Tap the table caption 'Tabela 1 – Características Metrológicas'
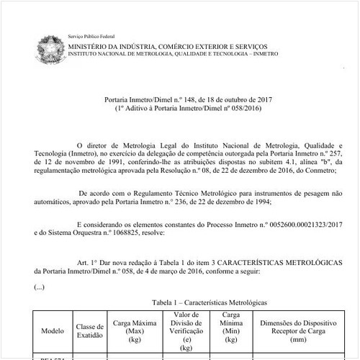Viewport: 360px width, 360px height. tap(204, 305)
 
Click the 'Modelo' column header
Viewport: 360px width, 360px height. tap(53, 331)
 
